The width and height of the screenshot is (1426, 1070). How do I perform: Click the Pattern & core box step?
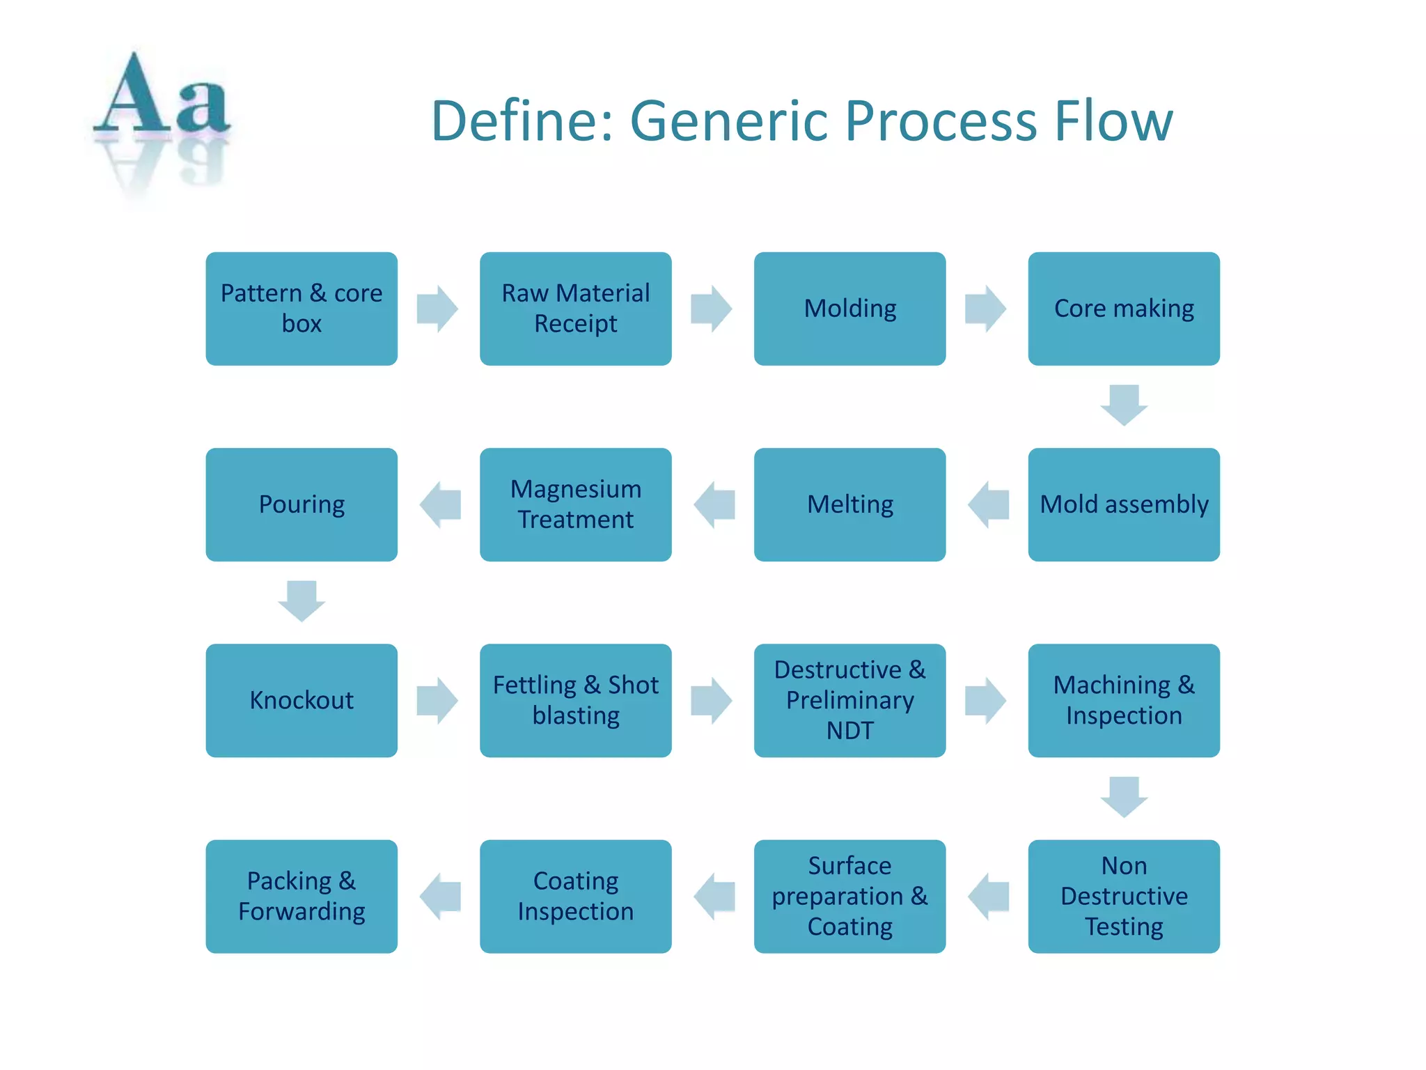pos(301,309)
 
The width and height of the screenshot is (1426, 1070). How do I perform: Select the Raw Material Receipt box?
pos(575,309)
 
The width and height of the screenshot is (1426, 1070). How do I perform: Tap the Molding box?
pos(849,309)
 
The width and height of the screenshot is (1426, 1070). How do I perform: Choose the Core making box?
pos(1123,309)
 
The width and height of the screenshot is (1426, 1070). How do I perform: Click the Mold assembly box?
pos(1123,504)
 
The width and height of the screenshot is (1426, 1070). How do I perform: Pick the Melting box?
pos(849,504)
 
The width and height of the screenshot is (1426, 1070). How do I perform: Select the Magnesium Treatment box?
pos(575,504)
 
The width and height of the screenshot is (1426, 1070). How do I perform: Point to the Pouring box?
pos(301,504)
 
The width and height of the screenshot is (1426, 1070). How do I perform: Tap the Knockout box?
pos(301,700)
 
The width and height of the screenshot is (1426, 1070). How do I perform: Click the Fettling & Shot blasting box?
pos(575,700)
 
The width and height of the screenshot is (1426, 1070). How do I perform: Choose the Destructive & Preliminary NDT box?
pos(849,700)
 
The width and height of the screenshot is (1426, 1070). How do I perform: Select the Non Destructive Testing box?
pos(1123,896)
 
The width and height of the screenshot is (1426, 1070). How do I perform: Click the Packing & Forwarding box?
pos(301,896)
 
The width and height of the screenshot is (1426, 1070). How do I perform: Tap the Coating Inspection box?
pos(575,896)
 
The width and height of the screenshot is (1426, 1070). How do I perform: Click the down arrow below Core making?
pos(1123,405)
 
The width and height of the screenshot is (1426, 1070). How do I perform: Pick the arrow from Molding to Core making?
pos(985,309)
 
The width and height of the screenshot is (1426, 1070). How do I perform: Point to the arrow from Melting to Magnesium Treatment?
pos(714,504)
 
